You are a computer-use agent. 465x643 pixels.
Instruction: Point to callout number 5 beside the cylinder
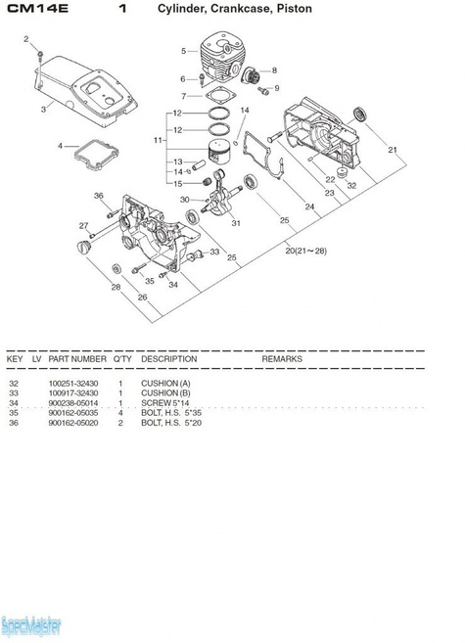pos(183,50)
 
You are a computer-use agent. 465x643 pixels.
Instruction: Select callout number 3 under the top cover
pos(43,110)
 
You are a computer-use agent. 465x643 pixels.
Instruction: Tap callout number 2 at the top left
pos(26,40)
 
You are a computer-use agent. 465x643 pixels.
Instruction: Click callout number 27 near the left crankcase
pos(83,226)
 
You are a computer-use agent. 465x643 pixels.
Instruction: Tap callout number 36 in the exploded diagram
pos(99,197)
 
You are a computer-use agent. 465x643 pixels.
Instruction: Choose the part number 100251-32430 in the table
pos(76,383)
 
